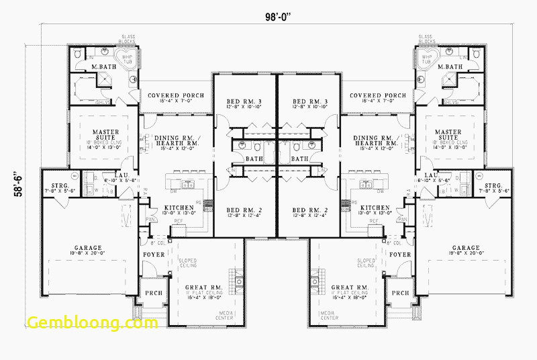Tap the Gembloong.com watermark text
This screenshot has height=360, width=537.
(x=93, y=322)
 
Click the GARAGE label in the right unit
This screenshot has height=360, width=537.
(x=466, y=248)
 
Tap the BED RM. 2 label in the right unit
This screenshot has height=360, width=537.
(x=309, y=210)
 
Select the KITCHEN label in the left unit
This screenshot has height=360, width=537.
(x=178, y=208)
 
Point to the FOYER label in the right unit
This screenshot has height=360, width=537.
(x=401, y=255)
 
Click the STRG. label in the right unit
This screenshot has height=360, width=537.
(x=493, y=185)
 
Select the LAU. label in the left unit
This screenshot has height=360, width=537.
(x=121, y=175)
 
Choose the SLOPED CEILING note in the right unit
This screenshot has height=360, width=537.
(x=367, y=263)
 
